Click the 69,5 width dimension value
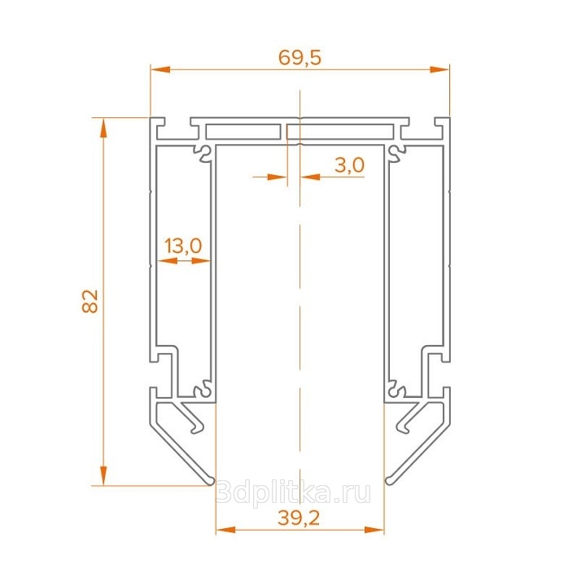tap(300, 58)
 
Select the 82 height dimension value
tap(90, 301)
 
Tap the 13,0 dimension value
tap(183, 246)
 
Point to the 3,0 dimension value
tap(349, 165)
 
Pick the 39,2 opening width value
tap(299, 518)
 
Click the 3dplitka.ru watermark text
tap(293, 492)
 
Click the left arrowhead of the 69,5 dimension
tap(160, 69)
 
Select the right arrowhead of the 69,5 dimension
tap(439, 69)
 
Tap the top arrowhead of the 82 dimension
tap(103, 128)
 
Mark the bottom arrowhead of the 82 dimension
tap(103, 476)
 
